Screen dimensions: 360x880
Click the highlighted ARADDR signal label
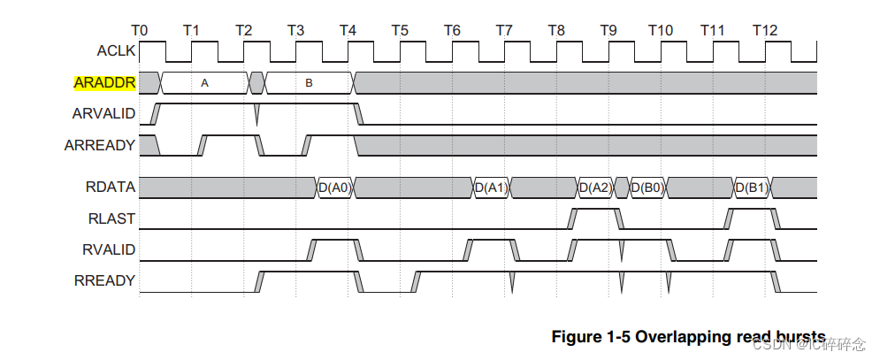click(x=104, y=83)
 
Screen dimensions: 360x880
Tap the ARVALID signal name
click(x=103, y=114)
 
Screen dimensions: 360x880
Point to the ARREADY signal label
click(x=100, y=145)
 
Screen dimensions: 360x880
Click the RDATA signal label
click(x=111, y=188)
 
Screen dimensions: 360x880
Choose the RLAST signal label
click(x=113, y=218)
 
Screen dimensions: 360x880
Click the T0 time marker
click(x=139, y=30)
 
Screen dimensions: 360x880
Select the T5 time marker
click(x=400, y=30)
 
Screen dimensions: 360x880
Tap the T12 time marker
click(x=765, y=30)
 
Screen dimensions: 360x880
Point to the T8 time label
click(x=556, y=30)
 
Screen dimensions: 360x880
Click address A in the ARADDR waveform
click(x=204, y=83)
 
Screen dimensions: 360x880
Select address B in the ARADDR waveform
click(x=309, y=83)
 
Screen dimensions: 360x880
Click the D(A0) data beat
click(x=334, y=188)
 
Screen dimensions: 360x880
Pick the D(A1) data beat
click(x=491, y=188)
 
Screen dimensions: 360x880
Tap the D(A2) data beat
click(x=595, y=188)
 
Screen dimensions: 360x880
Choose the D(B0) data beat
click(x=647, y=188)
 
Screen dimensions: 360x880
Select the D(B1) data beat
click(x=752, y=188)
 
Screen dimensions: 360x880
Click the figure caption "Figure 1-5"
click(x=589, y=337)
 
